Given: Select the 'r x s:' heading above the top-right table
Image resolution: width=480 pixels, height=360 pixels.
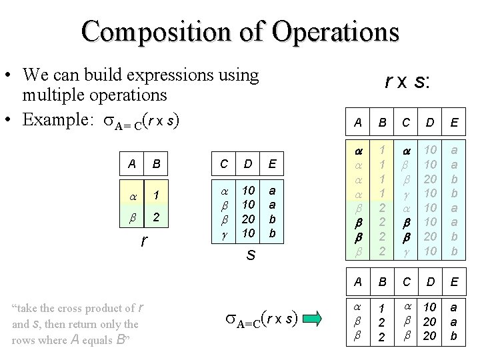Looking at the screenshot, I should [x=407, y=81].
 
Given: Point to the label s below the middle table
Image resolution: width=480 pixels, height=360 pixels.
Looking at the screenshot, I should [x=248, y=255].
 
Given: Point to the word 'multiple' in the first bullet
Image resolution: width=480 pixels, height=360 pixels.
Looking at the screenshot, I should [x=53, y=94].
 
